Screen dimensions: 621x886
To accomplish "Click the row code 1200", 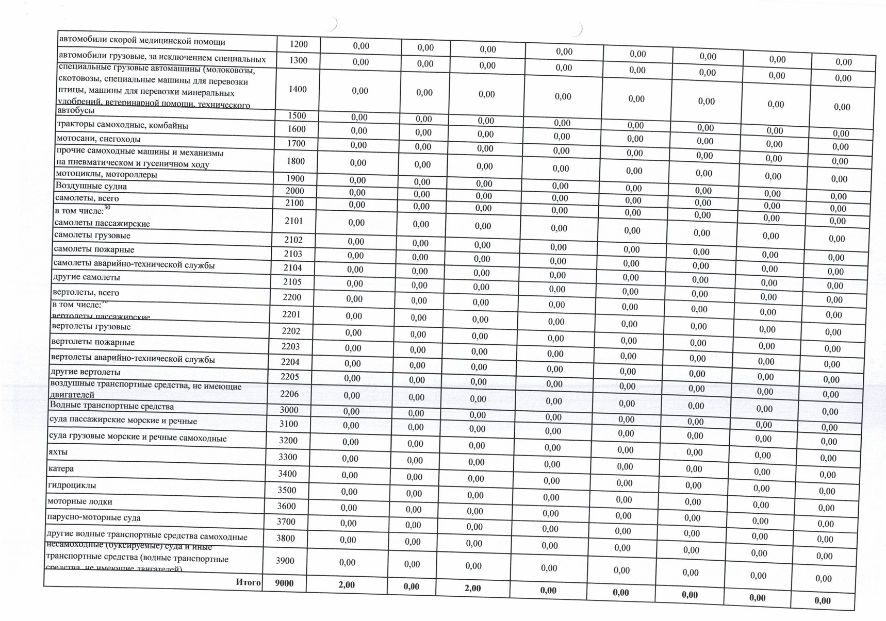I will (x=299, y=44).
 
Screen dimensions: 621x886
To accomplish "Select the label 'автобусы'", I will (x=76, y=110).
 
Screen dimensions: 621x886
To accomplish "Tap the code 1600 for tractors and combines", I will (x=297, y=129).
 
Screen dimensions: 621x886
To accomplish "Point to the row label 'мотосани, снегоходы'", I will (x=98, y=139).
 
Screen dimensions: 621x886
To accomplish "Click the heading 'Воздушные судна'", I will (x=91, y=186).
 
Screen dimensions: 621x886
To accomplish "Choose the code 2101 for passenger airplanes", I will (x=294, y=221).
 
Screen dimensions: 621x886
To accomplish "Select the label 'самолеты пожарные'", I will (x=94, y=249).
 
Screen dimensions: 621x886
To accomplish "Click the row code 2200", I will (x=291, y=297).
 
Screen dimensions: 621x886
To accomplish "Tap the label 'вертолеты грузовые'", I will (x=91, y=327).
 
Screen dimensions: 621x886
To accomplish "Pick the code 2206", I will (x=289, y=394).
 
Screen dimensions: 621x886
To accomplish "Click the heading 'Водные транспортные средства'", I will (x=112, y=406).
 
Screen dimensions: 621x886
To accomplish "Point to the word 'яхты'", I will (x=58, y=452).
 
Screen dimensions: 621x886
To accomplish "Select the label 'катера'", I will (x=61, y=468).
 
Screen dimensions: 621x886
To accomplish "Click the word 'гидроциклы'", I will (x=72, y=485).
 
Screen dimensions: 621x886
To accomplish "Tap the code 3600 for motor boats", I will (x=287, y=506).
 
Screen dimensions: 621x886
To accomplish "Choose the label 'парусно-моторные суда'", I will (x=93, y=517).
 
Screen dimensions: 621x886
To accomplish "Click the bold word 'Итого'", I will (x=248, y=582).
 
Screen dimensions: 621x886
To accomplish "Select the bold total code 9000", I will (x=284, y=583).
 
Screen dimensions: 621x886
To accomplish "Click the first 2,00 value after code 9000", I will (x=347, y=585).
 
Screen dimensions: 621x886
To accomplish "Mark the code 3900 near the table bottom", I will (x=285, y=561).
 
